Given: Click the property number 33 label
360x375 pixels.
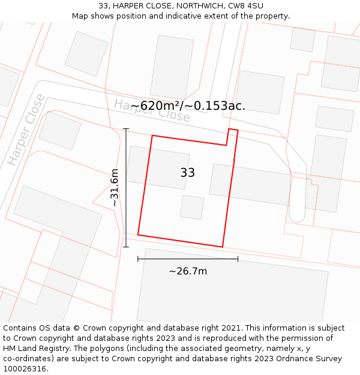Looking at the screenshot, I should (187, 173).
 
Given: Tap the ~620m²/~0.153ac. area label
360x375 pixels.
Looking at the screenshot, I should (188, 106).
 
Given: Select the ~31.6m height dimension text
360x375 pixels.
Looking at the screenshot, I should (115, 188).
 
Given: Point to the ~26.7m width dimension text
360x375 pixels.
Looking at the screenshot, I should (188, 271).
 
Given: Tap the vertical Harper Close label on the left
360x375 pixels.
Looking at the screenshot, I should (26, 130).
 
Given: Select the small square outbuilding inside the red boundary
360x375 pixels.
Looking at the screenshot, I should (192, 207).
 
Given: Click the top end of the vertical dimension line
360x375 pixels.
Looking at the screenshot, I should (126, 129).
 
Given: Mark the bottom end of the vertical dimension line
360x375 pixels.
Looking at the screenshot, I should (126, 247).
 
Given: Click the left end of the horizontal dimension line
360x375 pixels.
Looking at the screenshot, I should (138, 259).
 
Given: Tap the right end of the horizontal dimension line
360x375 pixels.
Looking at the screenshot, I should (238, 259).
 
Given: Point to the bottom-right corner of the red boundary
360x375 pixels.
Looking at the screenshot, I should (223, 247).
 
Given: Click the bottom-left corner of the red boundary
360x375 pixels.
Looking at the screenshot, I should (138, 235).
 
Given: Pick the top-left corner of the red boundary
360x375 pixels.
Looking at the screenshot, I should (152, 136).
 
